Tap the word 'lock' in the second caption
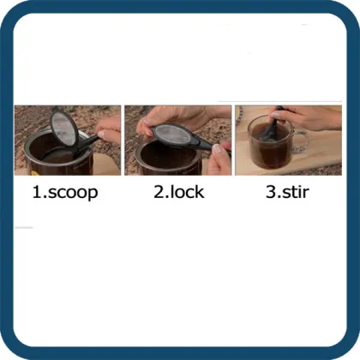[185, 192]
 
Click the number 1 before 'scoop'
[37, 192]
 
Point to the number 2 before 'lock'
[159, 192]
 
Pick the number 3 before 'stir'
[270, 192]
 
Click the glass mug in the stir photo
[270, 143]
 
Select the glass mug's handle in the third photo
[299, 141]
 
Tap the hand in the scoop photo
[108, 130]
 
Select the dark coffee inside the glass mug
[268, 149]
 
